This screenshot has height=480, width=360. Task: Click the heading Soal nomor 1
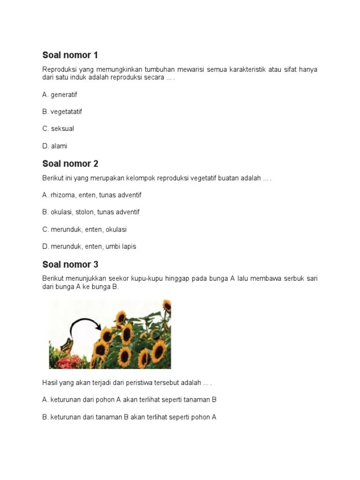[70, 55]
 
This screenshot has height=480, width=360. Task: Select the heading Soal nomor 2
[70, 164]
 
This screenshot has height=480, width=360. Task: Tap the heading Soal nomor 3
[70, 264]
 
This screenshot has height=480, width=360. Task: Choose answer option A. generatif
[60, 95]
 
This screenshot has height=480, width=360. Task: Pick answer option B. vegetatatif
[62, 112]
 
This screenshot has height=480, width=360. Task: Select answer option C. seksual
[58, 128]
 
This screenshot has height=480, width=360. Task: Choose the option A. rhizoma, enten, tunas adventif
[91, 195]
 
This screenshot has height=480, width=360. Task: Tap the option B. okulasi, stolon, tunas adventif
[90, 212]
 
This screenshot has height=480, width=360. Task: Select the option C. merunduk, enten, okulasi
[84, 229]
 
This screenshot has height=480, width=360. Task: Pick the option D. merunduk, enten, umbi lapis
[89, 246]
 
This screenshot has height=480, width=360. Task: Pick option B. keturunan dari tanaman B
[129, 417]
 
